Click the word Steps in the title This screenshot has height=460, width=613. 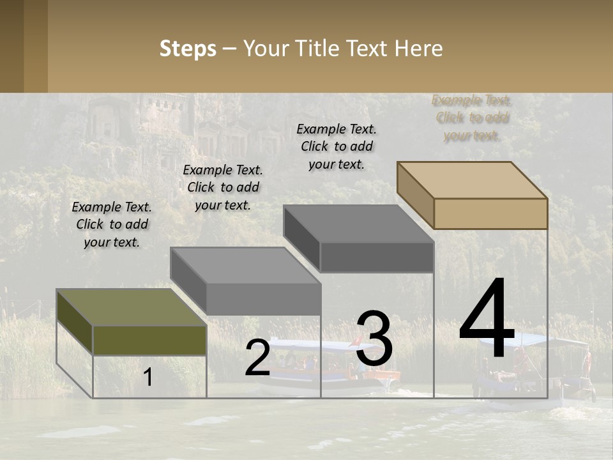[188, 49]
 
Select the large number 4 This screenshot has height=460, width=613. [487, 319]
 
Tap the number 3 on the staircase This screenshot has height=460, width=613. [374, 339]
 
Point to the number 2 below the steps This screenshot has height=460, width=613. [257, 358]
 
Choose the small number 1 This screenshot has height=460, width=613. [148, 378]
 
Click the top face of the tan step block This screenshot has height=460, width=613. [473, 180]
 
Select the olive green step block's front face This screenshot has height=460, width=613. [149, 340]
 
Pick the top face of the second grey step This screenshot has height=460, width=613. [246, 265]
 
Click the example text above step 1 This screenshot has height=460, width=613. [112, 224]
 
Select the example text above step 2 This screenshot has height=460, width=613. [223, 187]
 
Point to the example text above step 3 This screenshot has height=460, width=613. [337, 146]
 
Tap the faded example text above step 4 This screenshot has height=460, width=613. [472, 118]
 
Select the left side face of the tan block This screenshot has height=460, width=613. [415, 195]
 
